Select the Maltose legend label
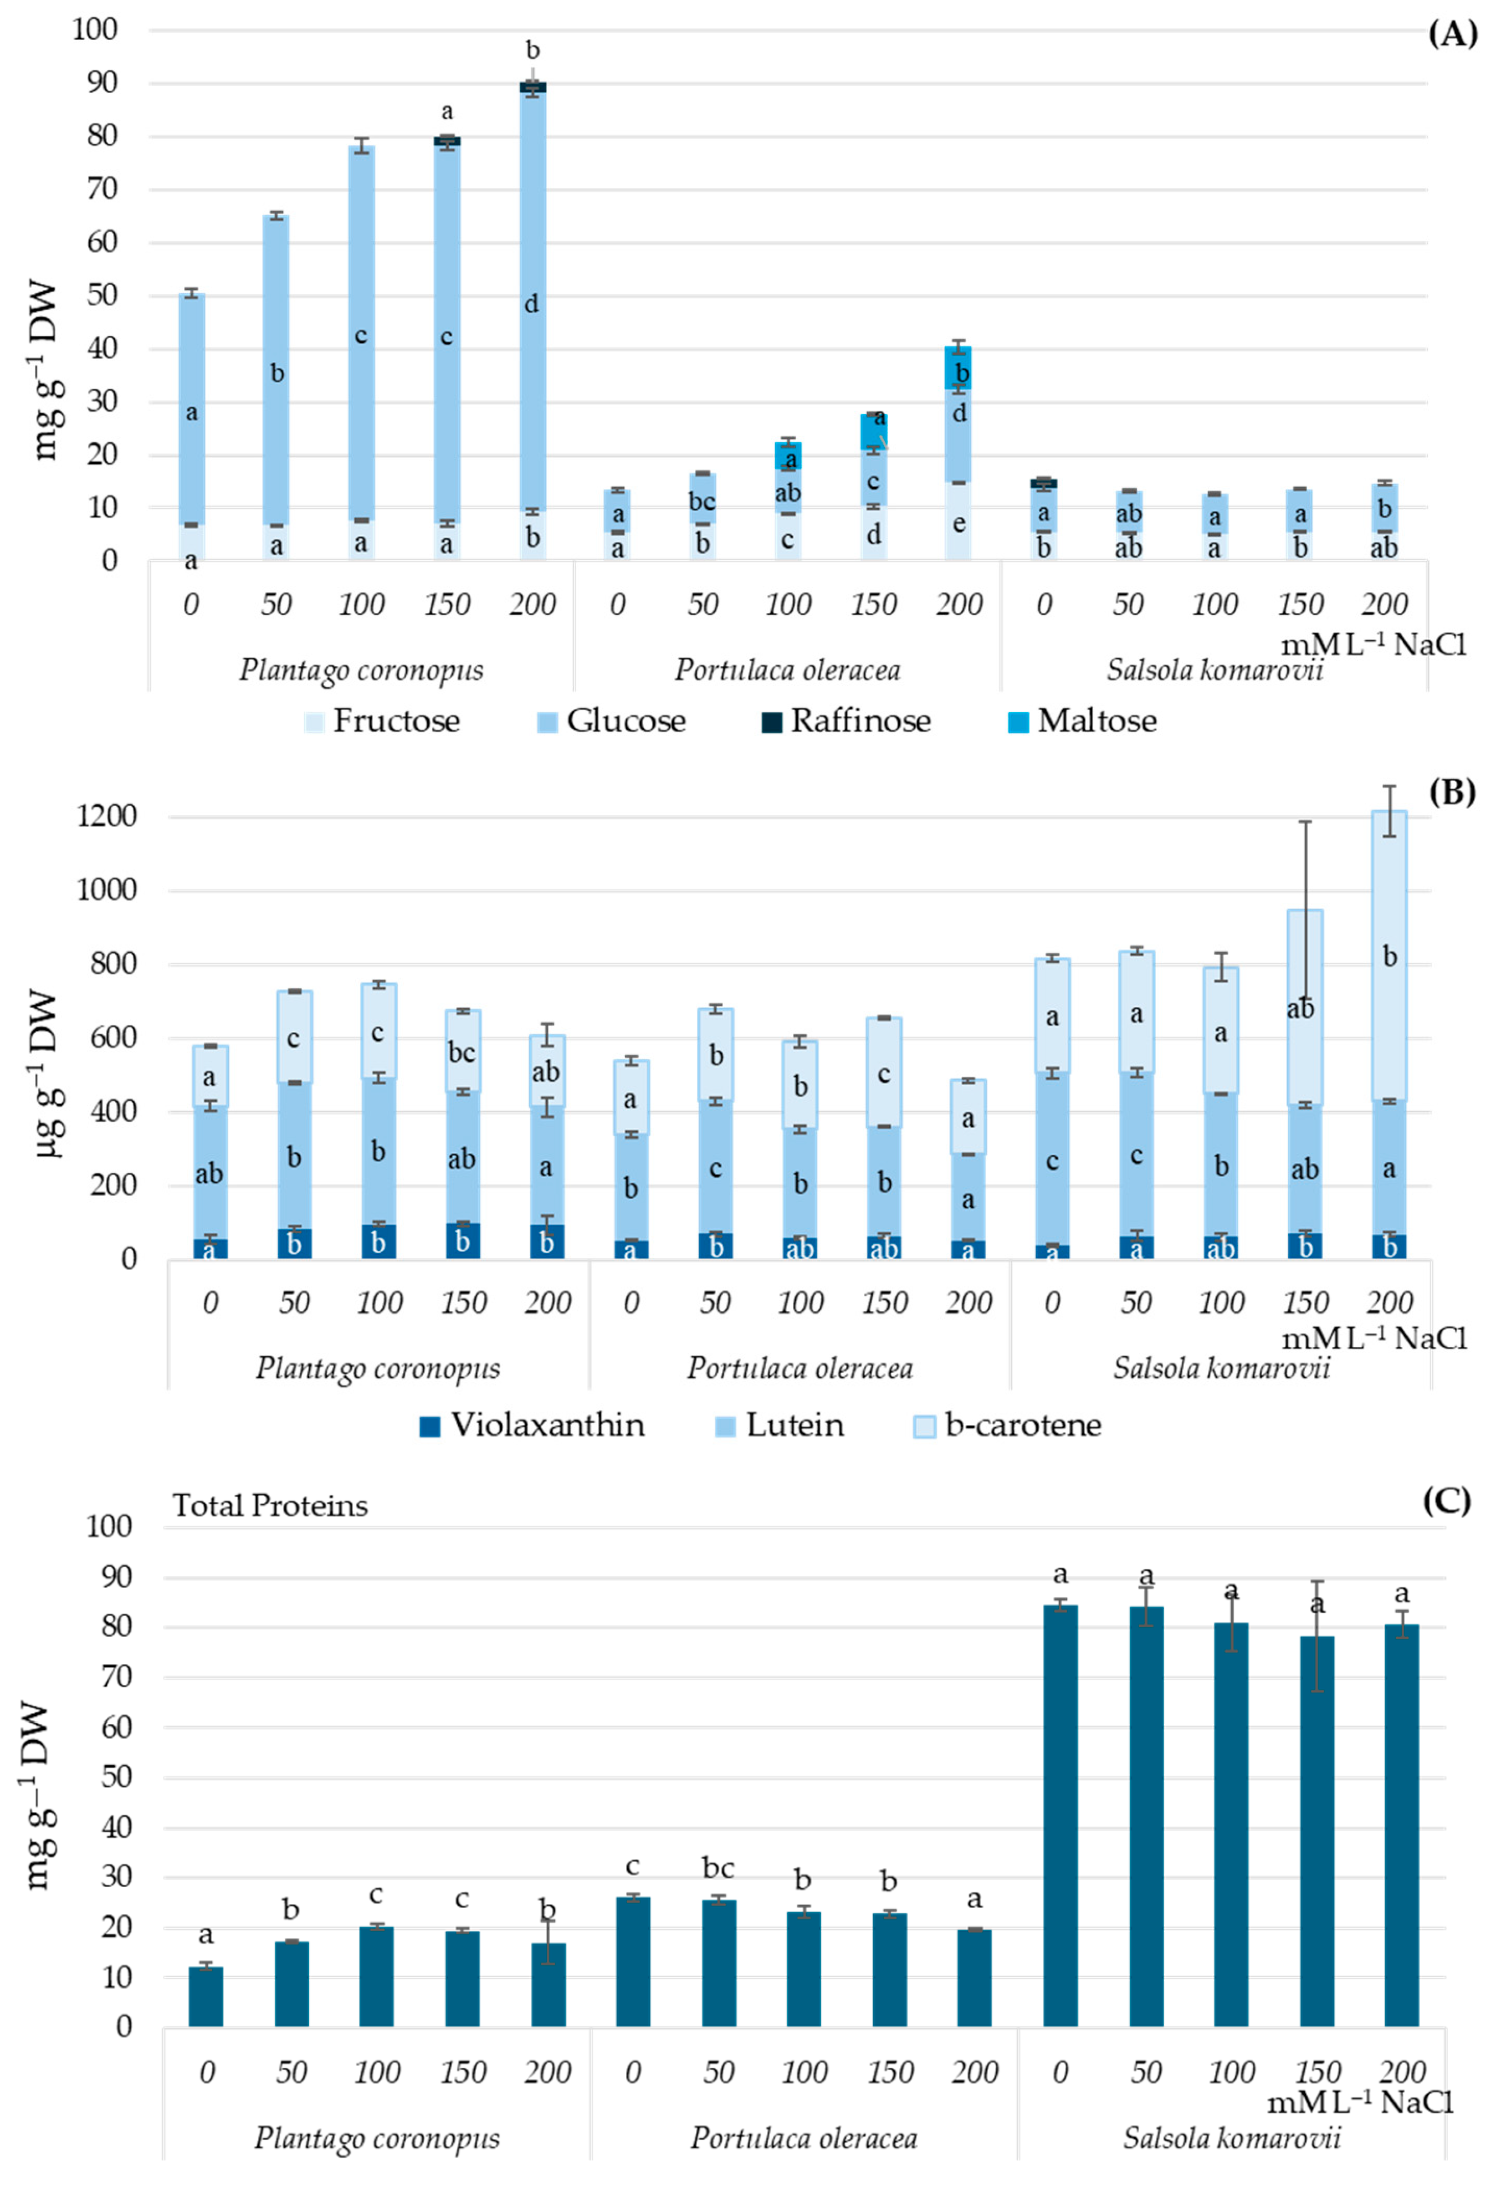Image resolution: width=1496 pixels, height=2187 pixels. pos(1097,722)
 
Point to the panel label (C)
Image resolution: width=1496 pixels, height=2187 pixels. pos(1446,1501)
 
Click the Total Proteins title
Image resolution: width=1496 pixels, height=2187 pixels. pos(270,1506)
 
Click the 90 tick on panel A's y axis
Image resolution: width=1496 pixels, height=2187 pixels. pos(97,83)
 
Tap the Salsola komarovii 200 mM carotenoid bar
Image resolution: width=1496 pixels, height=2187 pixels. pos(1389,1035)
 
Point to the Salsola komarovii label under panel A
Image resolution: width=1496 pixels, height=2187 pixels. pos(1214,670)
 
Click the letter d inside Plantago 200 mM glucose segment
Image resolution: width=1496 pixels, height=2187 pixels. pos(531,304)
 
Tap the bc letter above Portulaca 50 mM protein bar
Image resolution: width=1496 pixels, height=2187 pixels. pos(718,1868)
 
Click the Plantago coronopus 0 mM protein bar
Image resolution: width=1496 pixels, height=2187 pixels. pos(206,1997)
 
